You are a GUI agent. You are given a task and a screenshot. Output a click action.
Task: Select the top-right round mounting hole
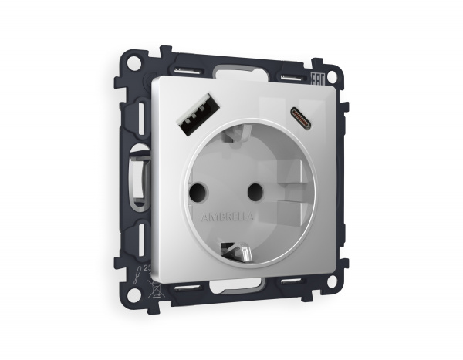(333, 78)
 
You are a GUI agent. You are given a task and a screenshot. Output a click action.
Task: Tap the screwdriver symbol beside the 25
(137, 272)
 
